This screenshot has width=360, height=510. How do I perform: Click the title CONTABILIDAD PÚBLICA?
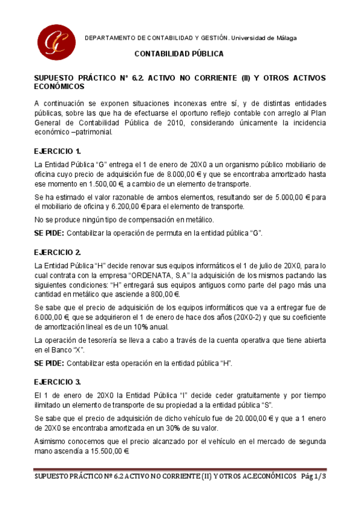[x=178, y=54]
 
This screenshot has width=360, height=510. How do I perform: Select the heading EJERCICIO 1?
[x=57, y=151]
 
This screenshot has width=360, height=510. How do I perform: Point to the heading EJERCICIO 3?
[x=57, y=382]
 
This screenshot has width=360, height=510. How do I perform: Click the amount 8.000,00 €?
[x=186, y=174]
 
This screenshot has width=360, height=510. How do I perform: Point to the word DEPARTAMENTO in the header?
[x=108, y=38]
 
